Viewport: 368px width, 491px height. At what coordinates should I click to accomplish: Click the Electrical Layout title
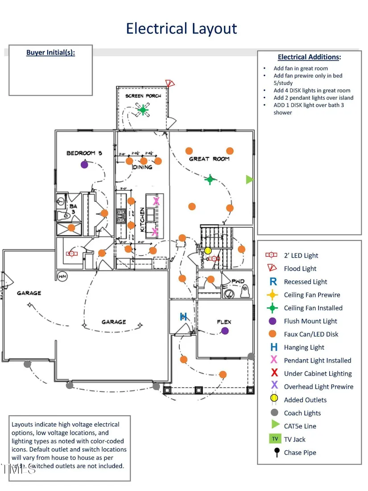click(181, 29)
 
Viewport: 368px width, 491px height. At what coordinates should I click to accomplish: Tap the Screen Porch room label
click(143, 96)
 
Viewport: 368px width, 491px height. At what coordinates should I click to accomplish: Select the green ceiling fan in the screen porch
click(143, 109)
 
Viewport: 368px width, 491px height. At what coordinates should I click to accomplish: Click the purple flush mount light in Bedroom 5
click(84, 164)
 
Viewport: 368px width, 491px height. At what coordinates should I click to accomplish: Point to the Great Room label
click(209, 159)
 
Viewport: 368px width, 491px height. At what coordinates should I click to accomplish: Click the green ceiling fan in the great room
click(210, 179)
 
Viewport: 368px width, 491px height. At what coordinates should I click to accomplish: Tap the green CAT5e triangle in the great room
click(250, 179)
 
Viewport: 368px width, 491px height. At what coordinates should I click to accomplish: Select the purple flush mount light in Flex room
click(225, 331)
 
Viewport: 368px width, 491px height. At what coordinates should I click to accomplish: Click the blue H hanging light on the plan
click(183, 317)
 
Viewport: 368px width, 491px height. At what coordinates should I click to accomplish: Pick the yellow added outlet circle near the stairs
click(208, 250)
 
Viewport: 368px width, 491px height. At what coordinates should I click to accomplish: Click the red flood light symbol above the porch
click(169, 83)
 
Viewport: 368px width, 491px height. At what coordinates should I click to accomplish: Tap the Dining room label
click(142, 167)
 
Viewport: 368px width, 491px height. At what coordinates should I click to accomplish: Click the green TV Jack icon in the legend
click(275, 439)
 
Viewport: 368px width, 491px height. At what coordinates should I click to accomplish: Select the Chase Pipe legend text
click(300, 453)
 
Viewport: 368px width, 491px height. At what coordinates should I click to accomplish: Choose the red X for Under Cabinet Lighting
click(274, 373)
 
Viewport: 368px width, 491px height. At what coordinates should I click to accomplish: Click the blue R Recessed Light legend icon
click(274, 282)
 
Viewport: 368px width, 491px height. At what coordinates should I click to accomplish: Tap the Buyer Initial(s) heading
click(50, 53)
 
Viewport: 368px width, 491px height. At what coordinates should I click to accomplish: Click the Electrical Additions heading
click(309, 57)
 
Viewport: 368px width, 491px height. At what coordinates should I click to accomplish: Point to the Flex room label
click(224, 322)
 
